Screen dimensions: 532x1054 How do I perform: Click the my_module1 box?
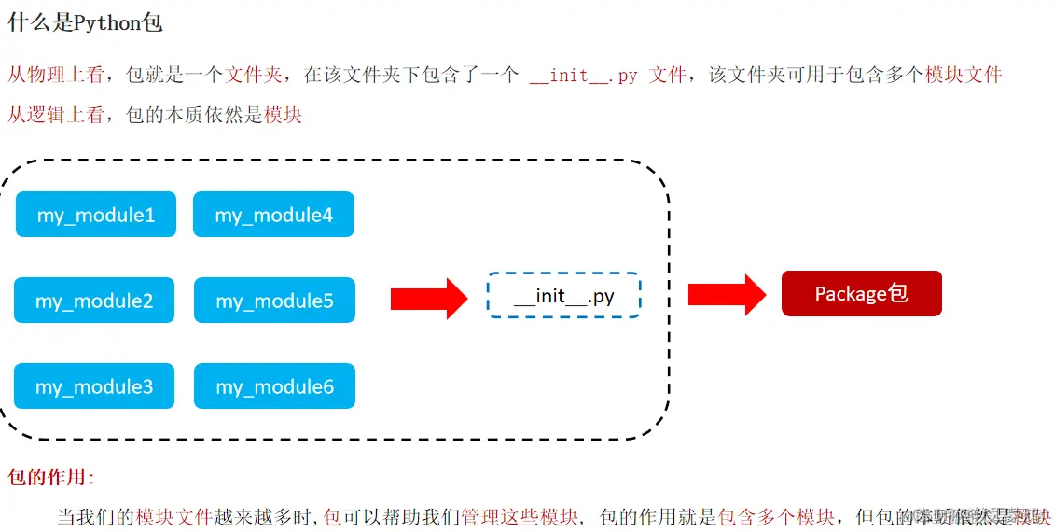tap(96, 215)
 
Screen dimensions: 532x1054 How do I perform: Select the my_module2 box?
tap(94, 301)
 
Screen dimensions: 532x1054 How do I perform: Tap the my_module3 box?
tap(94, 386)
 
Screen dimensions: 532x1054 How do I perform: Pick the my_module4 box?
tap(273, 215)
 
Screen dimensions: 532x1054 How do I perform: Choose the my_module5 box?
tap(274, 301)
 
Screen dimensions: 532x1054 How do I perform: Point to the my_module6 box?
tap(274, 386)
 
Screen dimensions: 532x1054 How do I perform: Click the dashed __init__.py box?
tap(563, 296)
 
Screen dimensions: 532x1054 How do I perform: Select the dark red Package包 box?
tap(861, 294)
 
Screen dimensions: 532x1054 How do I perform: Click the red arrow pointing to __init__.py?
tap(428, 298)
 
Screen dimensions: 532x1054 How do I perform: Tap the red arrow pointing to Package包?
tap(727, 294)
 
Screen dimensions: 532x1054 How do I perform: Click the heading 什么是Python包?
tap(85, 22)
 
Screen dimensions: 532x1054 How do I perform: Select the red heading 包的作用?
tap(51, 478)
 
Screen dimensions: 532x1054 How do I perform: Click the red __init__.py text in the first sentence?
tap(584, 76)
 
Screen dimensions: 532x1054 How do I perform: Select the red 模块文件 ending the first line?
tap(964, 75)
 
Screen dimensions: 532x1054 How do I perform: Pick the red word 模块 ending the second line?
tap(284, 116)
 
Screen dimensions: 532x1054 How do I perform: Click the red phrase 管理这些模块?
tap(520, 516)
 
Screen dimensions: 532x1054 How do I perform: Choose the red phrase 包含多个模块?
tap(776, 516)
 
